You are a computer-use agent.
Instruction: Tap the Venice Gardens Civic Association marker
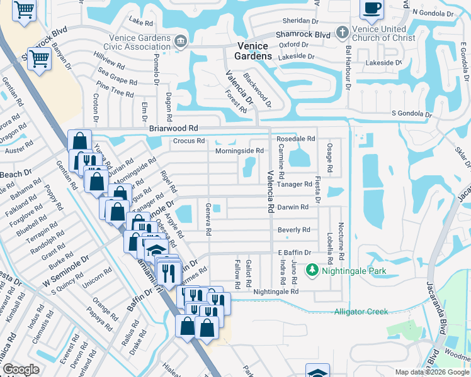(181, 42)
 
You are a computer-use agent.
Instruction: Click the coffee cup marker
(372, 8)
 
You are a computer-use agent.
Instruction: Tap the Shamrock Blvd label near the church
(305, 35)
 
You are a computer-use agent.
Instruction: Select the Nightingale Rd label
(276, 292)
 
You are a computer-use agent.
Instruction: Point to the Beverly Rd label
(294, 230)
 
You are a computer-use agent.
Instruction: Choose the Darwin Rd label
(293, 207)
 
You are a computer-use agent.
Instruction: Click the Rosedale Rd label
(295, 138)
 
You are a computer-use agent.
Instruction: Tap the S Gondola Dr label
(412, 114)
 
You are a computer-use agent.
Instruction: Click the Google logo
(21, 369)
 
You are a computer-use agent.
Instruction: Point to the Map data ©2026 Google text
(431, 372)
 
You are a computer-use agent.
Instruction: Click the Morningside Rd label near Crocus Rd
(239, 151)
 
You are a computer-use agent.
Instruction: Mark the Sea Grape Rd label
(116, 82)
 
